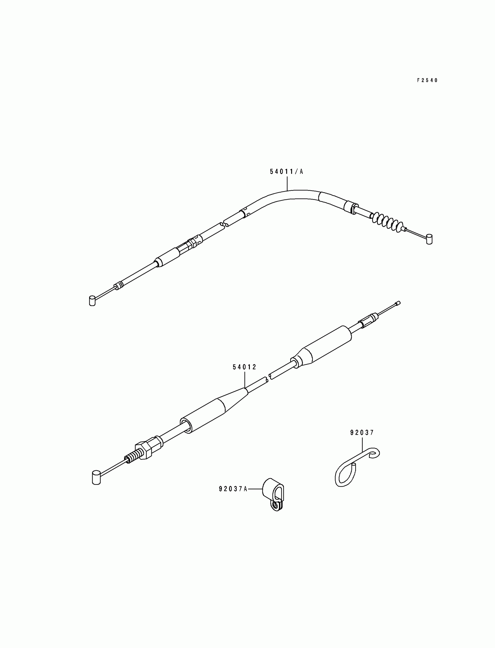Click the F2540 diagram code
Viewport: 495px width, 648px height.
[x=427, y=80]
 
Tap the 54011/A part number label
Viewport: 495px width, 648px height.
[x=287, y=172]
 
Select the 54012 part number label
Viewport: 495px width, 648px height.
[x=245, y=367]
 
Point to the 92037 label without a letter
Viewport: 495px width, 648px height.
[x=362, y=433]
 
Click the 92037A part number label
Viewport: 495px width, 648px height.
[x=233, y=489]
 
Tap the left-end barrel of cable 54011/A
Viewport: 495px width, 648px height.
[x=92, y=301]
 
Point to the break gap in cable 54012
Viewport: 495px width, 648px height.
[x=268, y=378]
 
